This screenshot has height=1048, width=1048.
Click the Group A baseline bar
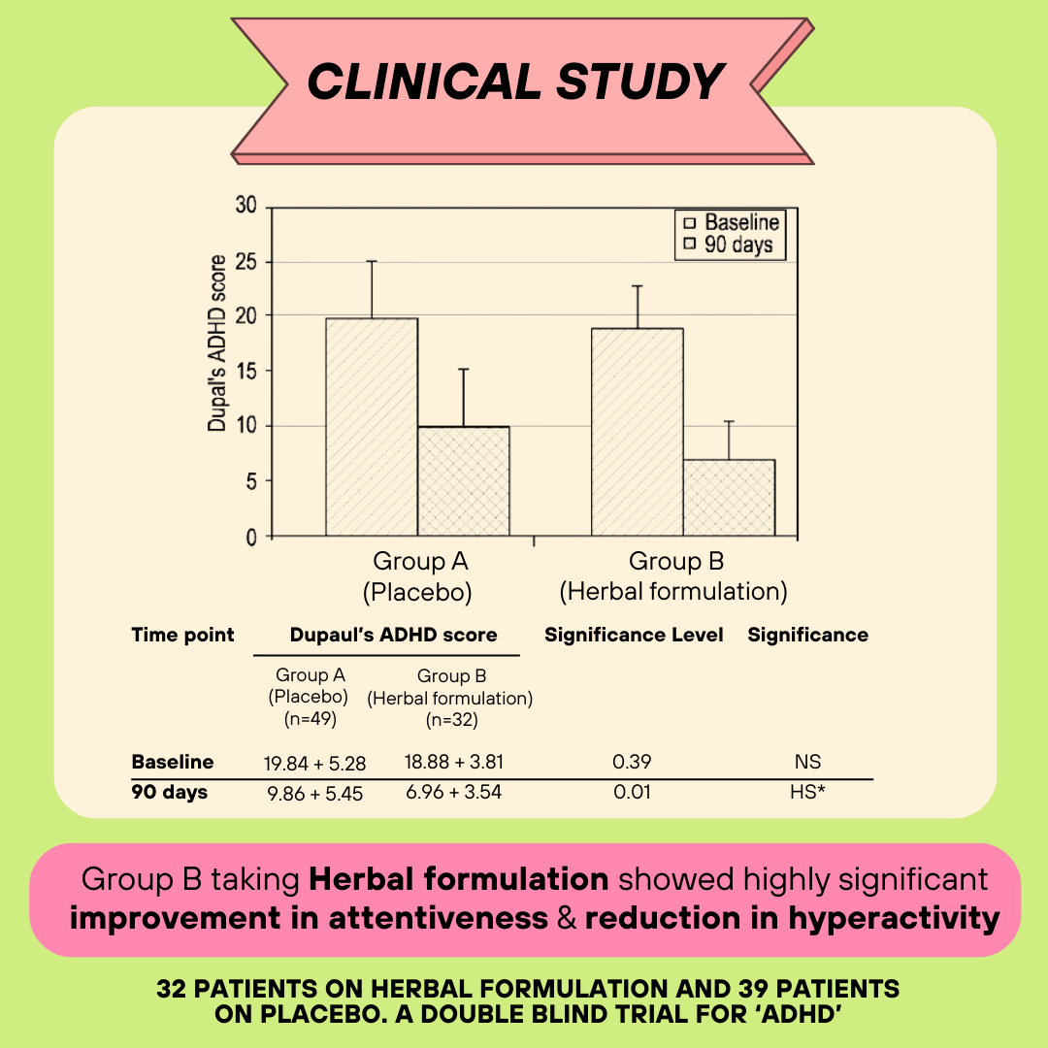(x=372, y=427)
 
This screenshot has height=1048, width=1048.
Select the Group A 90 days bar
(x=463, y=481)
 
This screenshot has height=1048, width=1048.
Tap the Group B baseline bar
(x=638, y=432)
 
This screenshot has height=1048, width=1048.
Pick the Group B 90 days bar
(x=729, y=497)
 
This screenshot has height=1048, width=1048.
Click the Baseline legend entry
(x=734, y=222)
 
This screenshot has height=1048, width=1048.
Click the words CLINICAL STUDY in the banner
(x=516, y=82)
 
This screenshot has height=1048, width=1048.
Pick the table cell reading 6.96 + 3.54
(x=453, y=792)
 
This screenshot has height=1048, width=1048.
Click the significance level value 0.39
(x=632, y=763)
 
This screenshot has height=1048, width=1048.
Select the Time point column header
(x=182, y=636)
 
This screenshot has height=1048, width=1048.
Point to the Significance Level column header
(x=634, y=636)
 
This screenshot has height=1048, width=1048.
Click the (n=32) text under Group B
(x=449, y=720)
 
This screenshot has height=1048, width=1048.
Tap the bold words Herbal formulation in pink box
(x=458, y=880)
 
